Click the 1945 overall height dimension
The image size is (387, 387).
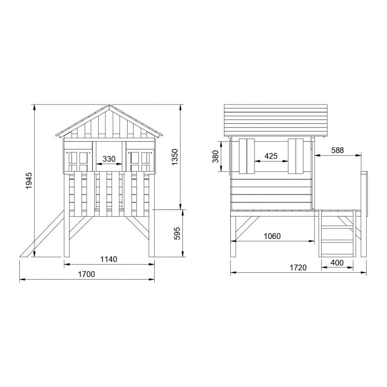(29, 181)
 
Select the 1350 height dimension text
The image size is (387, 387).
(175, 158)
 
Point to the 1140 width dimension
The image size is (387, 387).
(109, 259)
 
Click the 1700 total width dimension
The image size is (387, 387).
(87, 274)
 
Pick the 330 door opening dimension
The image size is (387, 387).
(109, 159)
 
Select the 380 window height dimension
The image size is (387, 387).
(216, 156)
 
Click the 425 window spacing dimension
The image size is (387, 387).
(271, 156)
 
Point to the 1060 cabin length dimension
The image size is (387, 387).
(272, 236)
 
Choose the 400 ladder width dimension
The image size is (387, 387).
(337, 263)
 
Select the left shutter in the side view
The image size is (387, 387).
(247, 156)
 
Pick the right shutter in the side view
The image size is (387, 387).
(296, 156)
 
